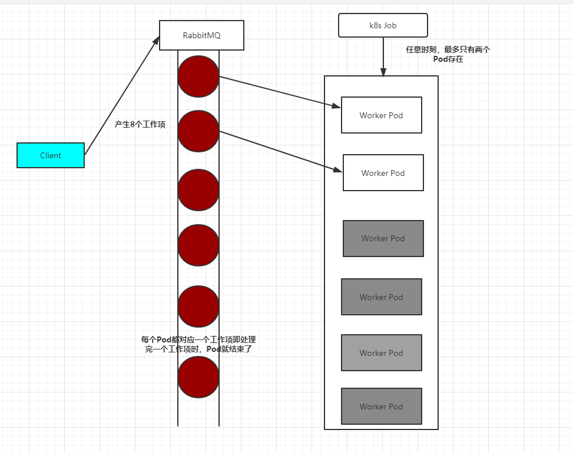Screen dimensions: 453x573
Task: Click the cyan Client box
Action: [51, 155]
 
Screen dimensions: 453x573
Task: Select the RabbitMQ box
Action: [201, 35]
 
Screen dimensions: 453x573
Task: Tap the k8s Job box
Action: [383, 26]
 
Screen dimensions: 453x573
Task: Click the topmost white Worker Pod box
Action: [382, 115]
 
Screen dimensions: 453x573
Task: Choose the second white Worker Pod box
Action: [383, 173]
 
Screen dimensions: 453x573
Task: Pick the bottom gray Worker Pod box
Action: [382, 407]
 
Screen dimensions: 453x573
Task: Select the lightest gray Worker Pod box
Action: [382, 353]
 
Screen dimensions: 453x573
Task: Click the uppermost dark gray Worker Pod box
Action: [383, 238]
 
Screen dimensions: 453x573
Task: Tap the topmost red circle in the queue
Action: [198, 76]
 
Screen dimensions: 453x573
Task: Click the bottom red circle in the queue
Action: [198, 377]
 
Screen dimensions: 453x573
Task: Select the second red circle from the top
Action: [198, 131]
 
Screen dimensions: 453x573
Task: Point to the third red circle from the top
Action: [198, 189]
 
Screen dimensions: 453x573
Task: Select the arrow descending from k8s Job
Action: [383, 56]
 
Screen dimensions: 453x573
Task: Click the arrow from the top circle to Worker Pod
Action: [280, 92]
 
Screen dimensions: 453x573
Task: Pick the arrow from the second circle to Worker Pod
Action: [281, 151]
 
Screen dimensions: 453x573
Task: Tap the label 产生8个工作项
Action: [140, 125]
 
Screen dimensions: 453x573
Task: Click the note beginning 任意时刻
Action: [448, 54]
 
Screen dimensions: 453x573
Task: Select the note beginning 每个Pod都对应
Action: [198, 344]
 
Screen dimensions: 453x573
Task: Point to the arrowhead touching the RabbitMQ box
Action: [156, 40]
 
